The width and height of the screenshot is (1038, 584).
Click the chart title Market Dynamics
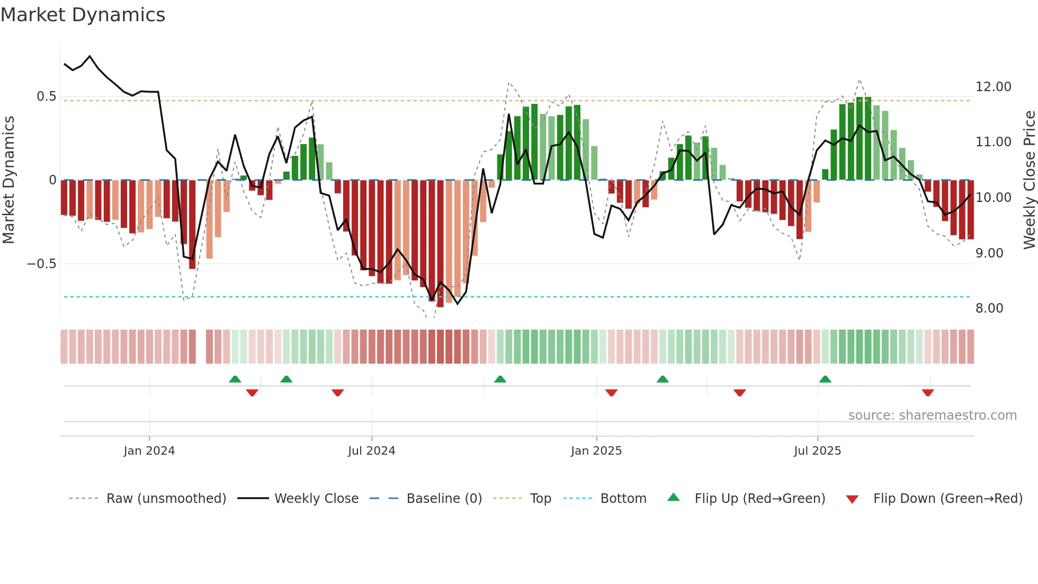click(x=83, y=15)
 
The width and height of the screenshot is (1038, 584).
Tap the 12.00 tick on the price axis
click(x=993, y=87)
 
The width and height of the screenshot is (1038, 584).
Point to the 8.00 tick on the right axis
click(x=989, y=308)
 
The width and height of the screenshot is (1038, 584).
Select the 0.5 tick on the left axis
click(x=46, y=96)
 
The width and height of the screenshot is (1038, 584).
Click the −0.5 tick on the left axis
click(x=41, y=264)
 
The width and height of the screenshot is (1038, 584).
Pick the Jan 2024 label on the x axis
click(x=149, y=451)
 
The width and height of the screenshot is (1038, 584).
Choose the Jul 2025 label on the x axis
click(x=817, y=451)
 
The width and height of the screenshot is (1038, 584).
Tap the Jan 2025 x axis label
click(x=596, y=451)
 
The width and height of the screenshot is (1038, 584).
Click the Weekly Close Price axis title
click(x=1029, y=180)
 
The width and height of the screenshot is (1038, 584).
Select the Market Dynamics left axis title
click(x=8, y=180)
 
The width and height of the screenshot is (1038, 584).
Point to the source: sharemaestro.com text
click(x=932, y=415)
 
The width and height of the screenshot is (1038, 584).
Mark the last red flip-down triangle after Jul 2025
click(x=927, y=393)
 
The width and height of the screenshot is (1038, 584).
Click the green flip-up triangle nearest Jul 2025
click(x=825, y=379)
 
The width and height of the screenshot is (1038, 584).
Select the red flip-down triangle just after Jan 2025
click(x=611, y=393)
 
